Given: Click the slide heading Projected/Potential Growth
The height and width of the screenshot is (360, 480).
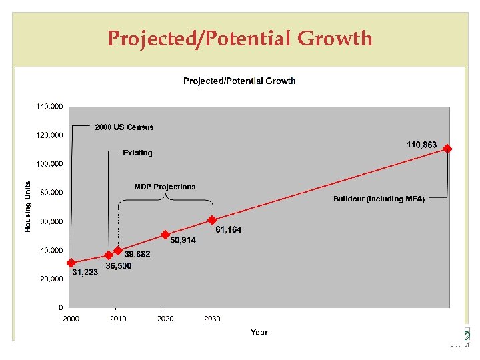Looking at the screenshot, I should coord(240,39).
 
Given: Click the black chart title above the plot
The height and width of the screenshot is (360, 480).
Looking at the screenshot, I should coord(239,81).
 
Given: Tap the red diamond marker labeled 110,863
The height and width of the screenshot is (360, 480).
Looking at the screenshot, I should coord(447,149).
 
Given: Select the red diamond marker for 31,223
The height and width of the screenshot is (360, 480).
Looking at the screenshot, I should coord(71,263).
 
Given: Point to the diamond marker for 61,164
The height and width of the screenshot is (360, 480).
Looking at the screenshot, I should coord(212,220).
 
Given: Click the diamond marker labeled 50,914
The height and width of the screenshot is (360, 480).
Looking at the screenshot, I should coord(165,235).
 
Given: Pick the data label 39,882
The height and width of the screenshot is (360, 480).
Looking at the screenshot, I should coord(137,255).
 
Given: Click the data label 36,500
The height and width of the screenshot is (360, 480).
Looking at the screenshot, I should coord(119,266).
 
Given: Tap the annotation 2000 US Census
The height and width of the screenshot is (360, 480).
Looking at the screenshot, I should coord(124,127).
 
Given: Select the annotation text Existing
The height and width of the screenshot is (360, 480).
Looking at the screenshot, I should coord(137,153).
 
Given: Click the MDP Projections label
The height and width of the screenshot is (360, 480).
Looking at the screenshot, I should coord(165,187).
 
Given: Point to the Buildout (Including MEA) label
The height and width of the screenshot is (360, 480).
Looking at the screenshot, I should coord(379,199).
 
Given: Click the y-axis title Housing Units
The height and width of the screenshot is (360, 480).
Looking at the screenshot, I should coord(28,207).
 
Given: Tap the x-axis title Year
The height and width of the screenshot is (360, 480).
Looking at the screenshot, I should coord(259,332).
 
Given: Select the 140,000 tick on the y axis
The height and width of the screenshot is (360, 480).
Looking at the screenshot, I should coord(49,106).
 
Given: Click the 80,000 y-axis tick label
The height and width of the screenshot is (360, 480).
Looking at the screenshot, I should coord(51,193).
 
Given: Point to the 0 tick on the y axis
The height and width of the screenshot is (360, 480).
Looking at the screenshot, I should coord(61,308).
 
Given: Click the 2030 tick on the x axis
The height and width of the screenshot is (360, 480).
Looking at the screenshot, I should coord(212,319).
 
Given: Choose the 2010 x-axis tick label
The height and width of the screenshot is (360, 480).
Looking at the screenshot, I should coord(118,319).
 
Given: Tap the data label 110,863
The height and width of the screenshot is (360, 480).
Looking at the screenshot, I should coord(422,145).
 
